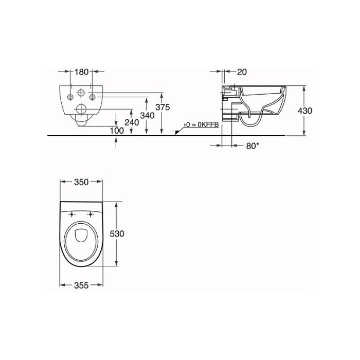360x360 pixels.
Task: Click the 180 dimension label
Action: tap(81, 72)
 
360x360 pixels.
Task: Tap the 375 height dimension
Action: tap(163, 107)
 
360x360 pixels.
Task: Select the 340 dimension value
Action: tap(147, 116)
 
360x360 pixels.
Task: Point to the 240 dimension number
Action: tap(132, 122)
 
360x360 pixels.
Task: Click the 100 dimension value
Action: tap(117, 131)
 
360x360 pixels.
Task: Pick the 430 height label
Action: tap(305, 111)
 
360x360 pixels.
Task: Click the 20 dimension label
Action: tap(242, 72)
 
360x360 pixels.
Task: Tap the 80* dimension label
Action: tap(253, 146)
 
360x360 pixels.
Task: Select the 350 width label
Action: tap(81, 182)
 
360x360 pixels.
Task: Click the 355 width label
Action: tap(81, 285)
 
